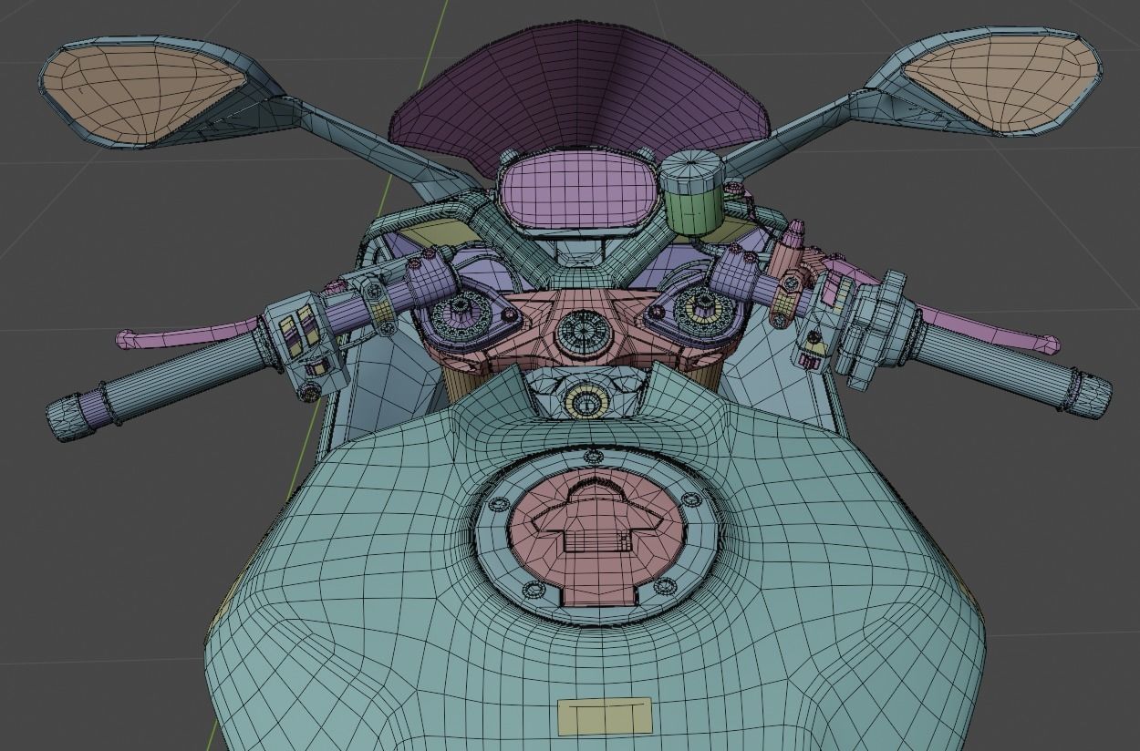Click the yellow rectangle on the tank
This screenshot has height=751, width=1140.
click(x=604, y=716)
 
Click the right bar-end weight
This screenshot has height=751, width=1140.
click(x=1090, y=394)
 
